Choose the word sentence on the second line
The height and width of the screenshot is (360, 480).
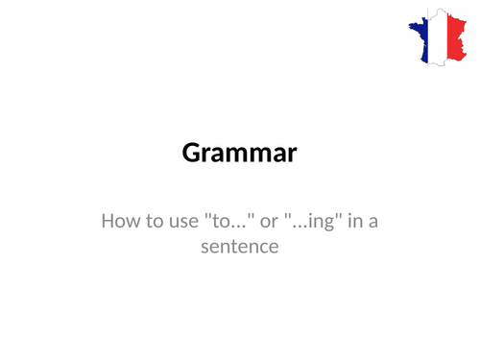[x=240, y=248]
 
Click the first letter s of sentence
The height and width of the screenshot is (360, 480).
[x=205, y=249]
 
